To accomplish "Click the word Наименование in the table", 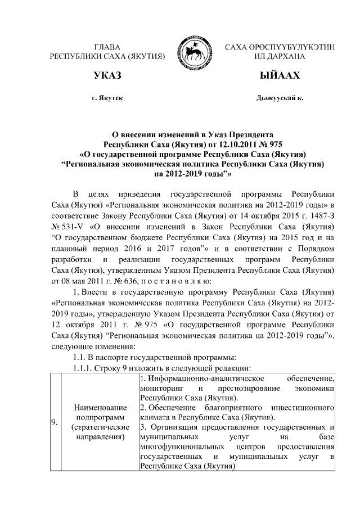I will click(94, 406).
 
